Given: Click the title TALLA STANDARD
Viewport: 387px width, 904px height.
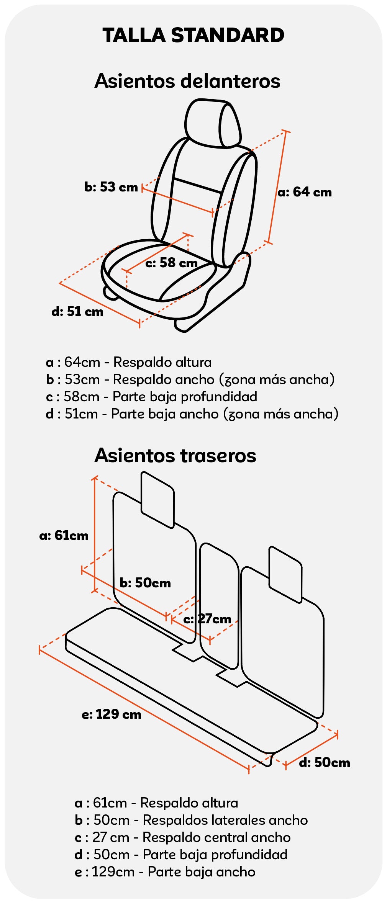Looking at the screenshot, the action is [193, 35].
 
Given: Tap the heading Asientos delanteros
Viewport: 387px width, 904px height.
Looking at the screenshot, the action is [187, 81].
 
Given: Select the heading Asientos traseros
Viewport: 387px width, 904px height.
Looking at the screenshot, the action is [175, 455].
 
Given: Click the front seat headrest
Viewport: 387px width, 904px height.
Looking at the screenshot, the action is [213, 123].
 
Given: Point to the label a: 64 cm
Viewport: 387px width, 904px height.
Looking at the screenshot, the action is [305, 192].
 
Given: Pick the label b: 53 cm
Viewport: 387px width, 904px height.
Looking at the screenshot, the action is [111, 187].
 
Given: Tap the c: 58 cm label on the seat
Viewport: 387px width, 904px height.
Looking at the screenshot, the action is [172, 263].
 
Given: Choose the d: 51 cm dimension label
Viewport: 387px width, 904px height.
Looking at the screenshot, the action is [77, 311].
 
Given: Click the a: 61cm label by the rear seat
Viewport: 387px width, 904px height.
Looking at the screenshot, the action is [64, 535].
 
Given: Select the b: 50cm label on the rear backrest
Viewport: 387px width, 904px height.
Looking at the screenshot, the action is [145, 583].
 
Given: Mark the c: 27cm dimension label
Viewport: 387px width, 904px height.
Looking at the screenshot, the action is [207, 619].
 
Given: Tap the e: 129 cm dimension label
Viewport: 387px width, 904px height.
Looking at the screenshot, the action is [112, 714].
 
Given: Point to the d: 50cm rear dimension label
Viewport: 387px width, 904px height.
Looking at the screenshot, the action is [325, 762].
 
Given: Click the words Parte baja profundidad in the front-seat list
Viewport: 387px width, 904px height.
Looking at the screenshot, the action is [185, 397].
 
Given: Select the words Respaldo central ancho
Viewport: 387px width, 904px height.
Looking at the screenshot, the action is [216, 837].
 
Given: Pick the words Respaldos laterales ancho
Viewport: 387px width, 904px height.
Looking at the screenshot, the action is [225, 820].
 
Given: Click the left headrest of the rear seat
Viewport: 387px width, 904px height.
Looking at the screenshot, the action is [157, 500].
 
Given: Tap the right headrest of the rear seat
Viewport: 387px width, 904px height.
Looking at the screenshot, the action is [285, 574].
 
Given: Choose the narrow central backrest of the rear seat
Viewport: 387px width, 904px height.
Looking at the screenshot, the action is [219, 605].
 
